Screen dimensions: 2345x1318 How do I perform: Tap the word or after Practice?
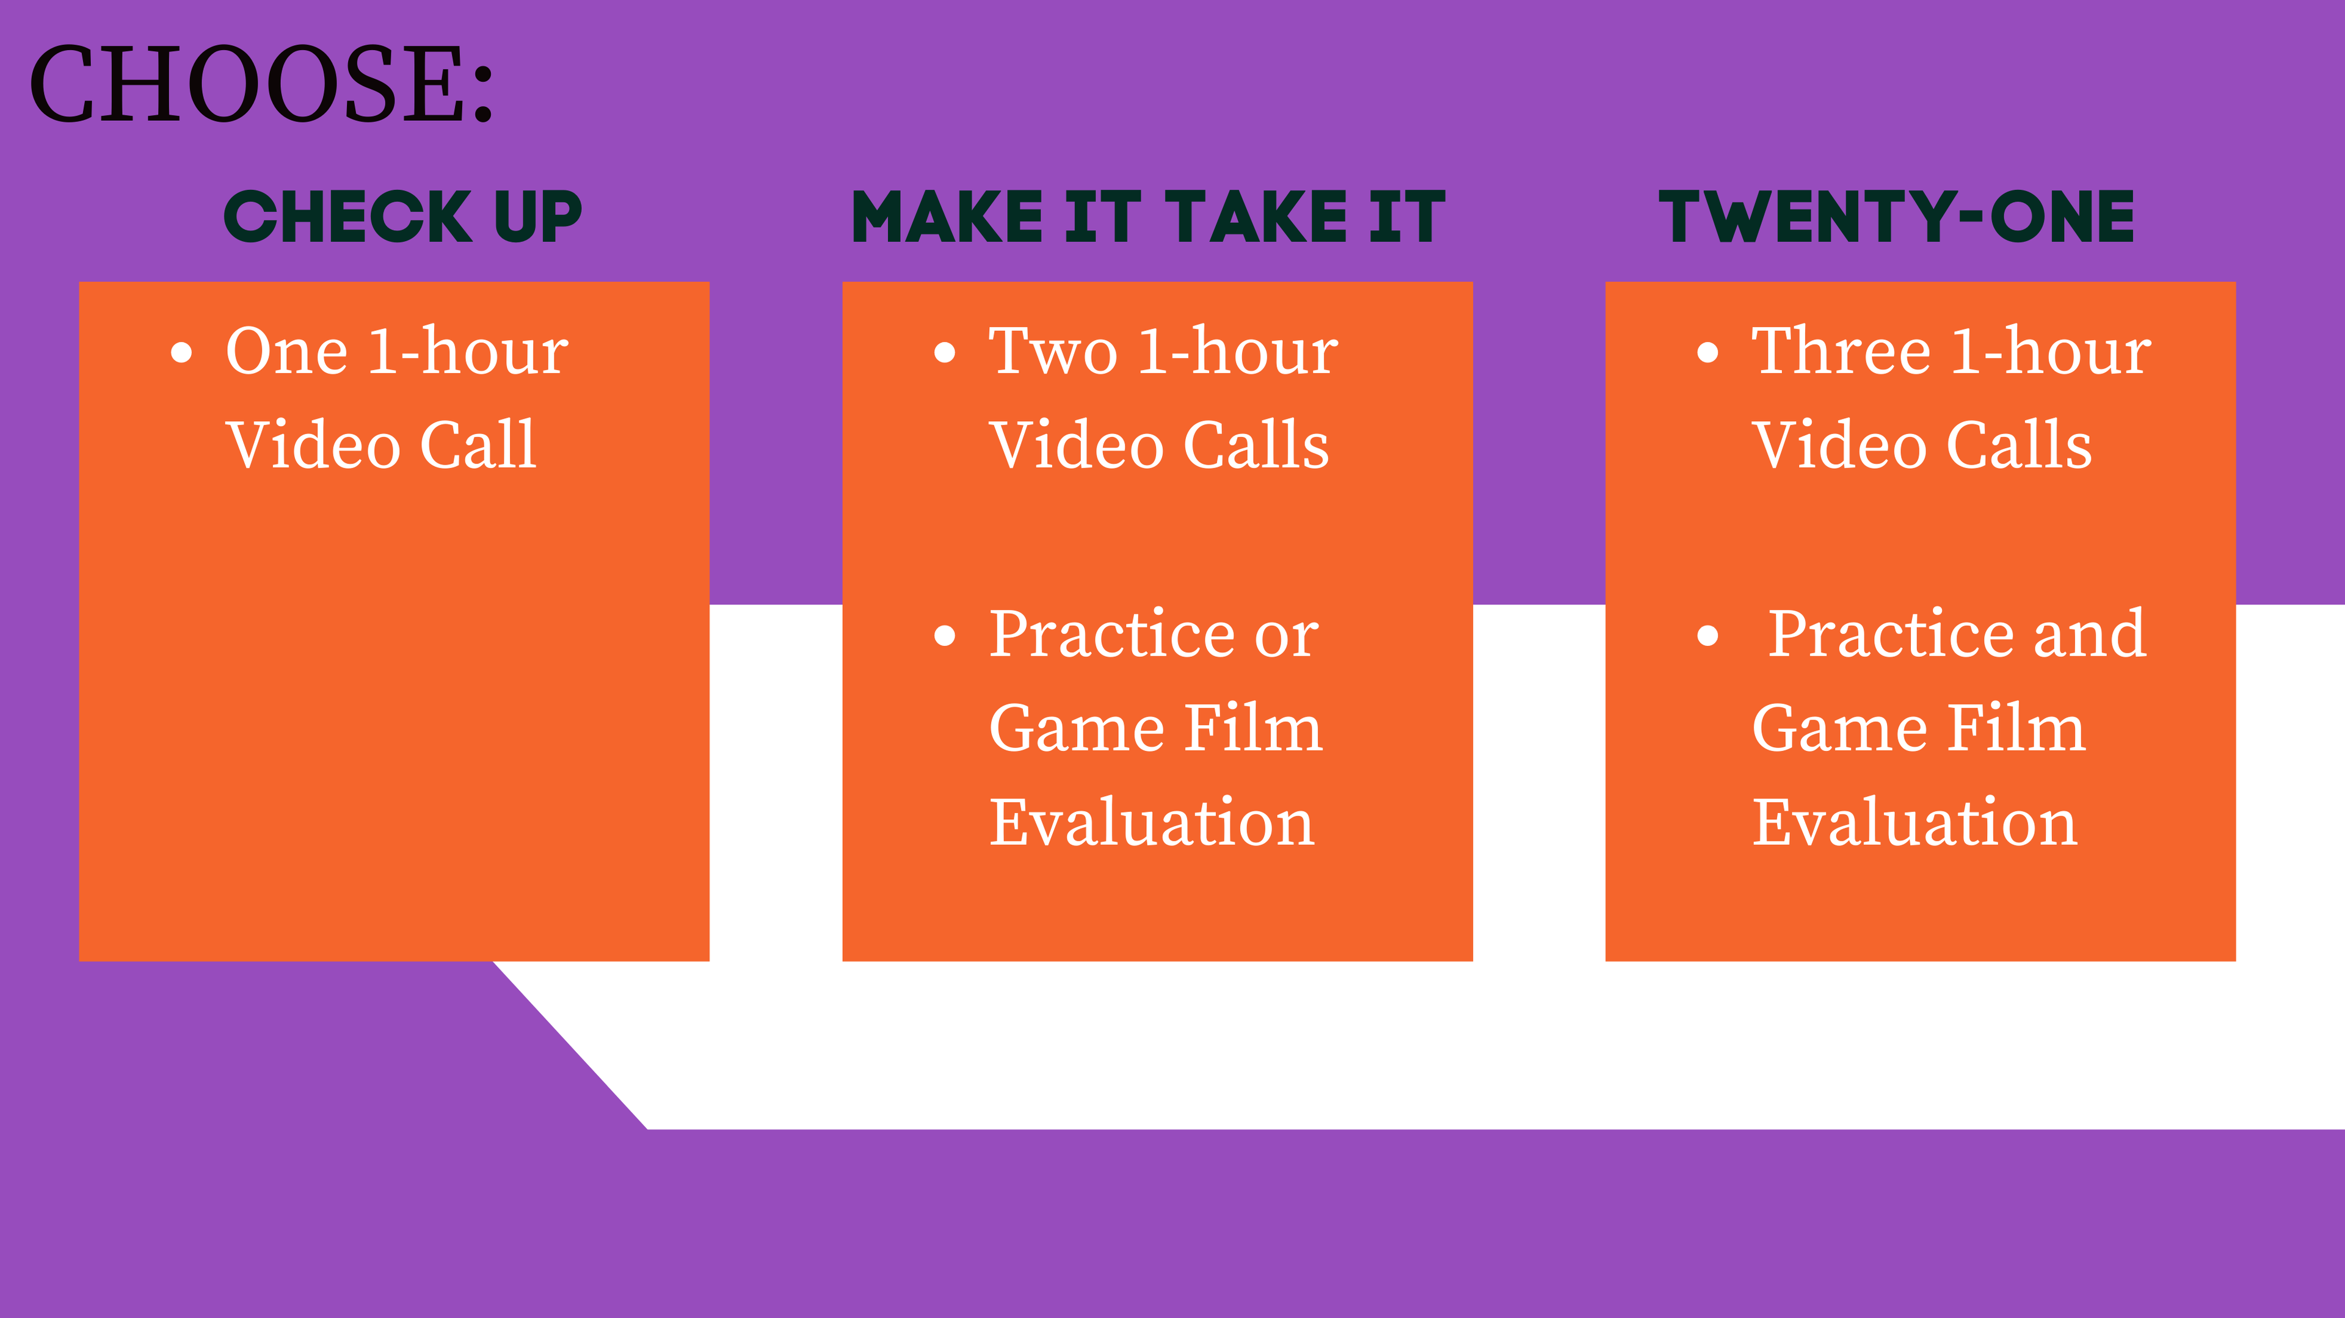tap(1286, 635)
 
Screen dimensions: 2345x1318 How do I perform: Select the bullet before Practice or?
tap(945, 635)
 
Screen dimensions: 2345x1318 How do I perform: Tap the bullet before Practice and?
tap(1708, 635)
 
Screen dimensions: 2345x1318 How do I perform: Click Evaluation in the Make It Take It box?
tap(1152, 822)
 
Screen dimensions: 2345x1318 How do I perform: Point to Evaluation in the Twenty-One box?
tap(1914, 822)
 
